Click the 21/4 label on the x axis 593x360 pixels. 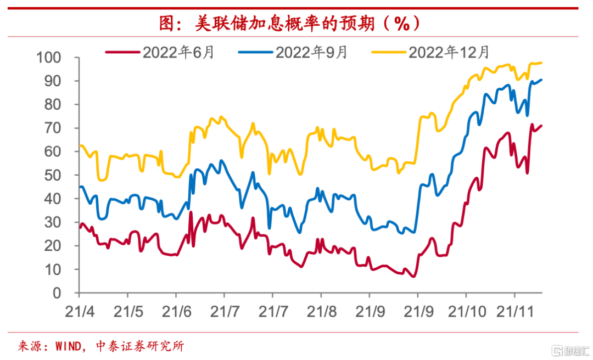[79, 311]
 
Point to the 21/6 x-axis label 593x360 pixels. [176, 311]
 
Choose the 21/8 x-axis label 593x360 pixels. [321, 311]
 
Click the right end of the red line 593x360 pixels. [541, 126]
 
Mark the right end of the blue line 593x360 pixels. [541, 80]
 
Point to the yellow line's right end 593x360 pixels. [541, 63]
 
